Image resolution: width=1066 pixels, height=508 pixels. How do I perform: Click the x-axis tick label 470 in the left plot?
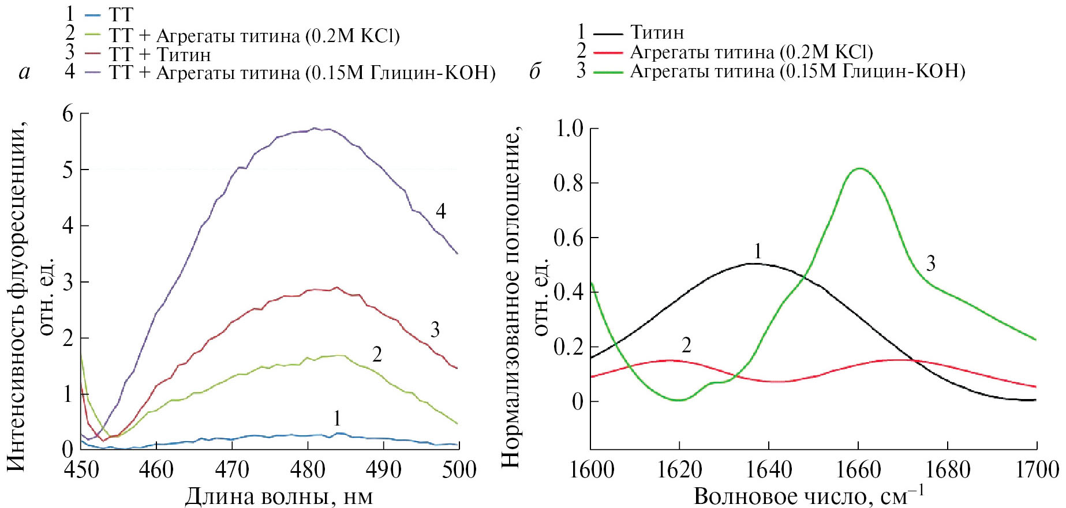pos(232,469)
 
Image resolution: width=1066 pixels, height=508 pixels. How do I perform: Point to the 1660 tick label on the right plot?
pos(858,469)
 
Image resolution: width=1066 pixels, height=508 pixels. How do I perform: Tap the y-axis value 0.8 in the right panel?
pos(568,183)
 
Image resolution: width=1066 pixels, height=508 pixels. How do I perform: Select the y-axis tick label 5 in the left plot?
pos(68,170)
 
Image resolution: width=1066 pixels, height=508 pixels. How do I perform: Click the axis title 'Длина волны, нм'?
pos(279,496)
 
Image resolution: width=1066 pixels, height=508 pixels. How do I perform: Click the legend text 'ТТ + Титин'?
pos(160,55)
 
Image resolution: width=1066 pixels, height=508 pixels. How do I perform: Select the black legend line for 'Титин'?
pos(608,33)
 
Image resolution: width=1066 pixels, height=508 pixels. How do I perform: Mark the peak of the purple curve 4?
pos(315,128)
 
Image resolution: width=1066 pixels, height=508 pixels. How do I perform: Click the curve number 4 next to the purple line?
pos(441,211)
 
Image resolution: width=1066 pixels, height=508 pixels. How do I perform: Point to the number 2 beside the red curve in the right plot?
pos(686,345)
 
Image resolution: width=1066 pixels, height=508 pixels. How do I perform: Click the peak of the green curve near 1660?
pos(860,168)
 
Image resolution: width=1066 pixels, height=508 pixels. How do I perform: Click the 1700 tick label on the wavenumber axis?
pos(1037,469)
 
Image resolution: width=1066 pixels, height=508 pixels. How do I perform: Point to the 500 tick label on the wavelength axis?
pos(459,469)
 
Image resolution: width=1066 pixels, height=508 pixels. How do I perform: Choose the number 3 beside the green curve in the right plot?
pos(930,264)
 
